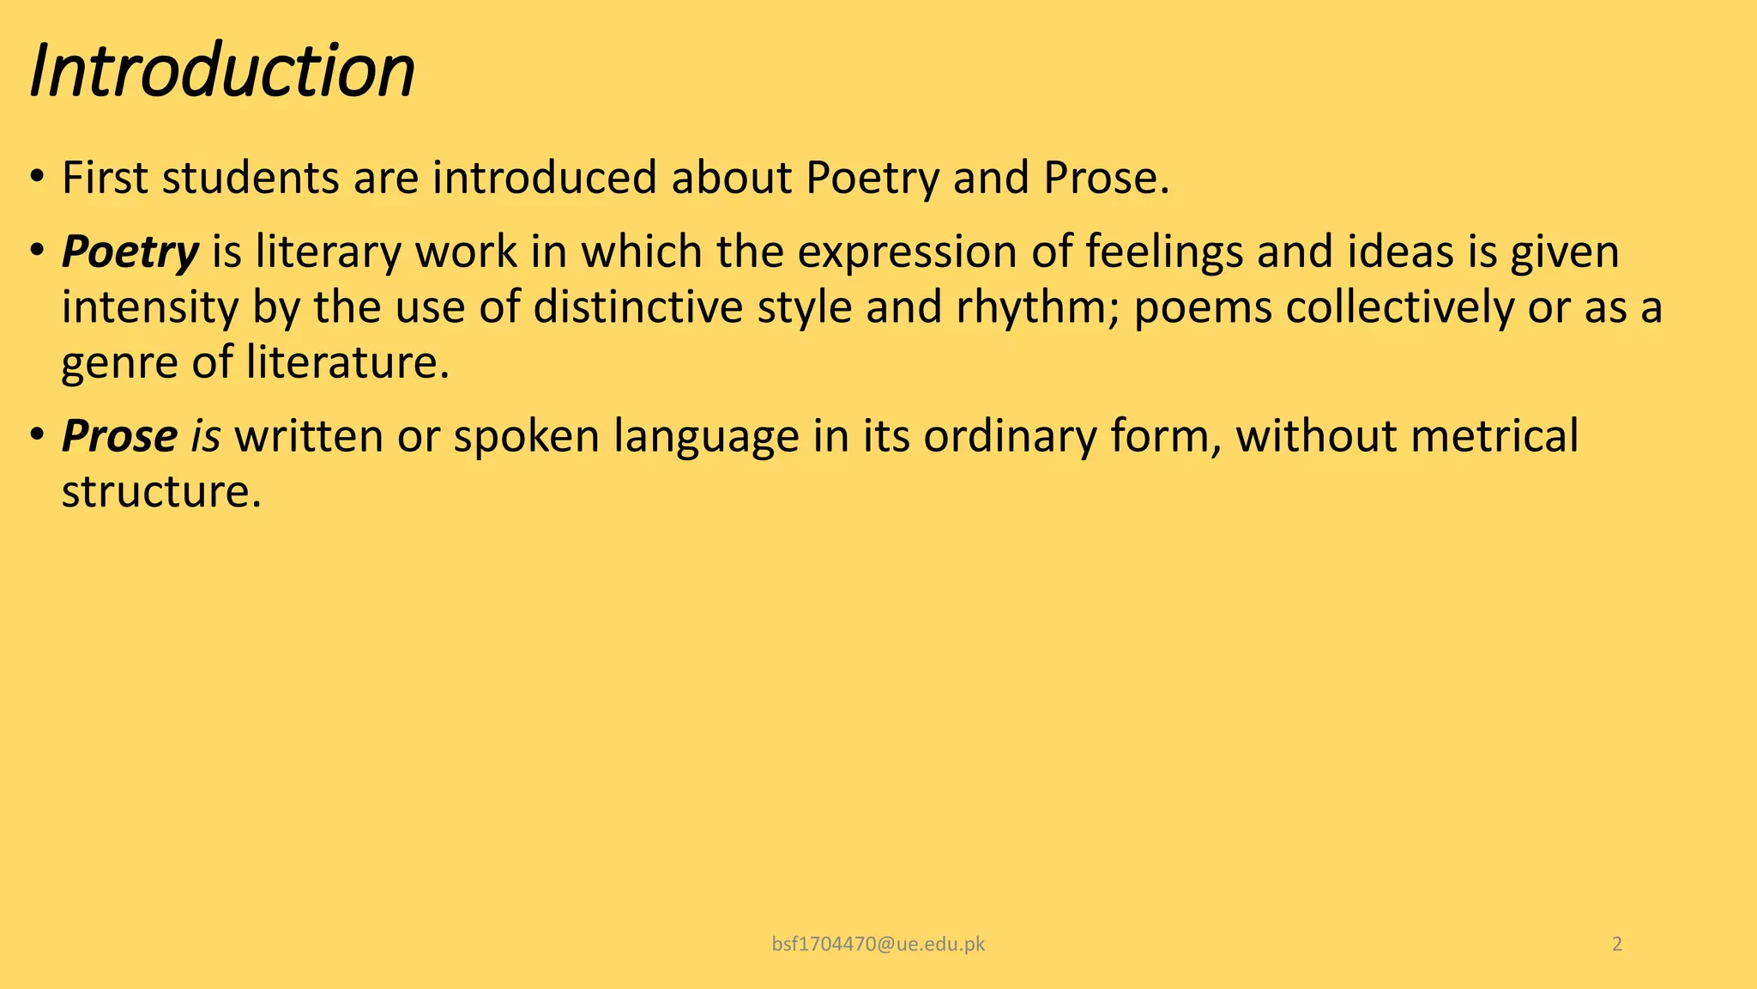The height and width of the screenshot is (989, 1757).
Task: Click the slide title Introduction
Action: tap(222, 70)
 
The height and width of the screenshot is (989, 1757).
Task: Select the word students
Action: tap(250, 179)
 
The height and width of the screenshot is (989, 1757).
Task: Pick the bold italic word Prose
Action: tap(119, 436)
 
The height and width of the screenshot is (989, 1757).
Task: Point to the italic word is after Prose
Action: tap(205, 436)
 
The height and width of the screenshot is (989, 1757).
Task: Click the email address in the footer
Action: tap(878, 944)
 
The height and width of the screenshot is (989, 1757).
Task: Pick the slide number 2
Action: tap(1617, 944)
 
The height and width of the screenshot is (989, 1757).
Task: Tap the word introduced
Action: tap(544, 179)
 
